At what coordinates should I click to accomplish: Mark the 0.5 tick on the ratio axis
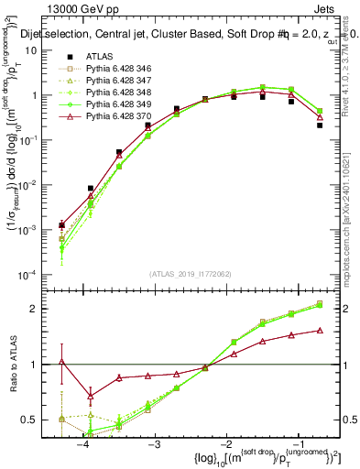click(42, 420)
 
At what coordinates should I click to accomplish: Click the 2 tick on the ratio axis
click(46, 309)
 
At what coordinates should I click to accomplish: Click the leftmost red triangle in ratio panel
click(61, 362)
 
